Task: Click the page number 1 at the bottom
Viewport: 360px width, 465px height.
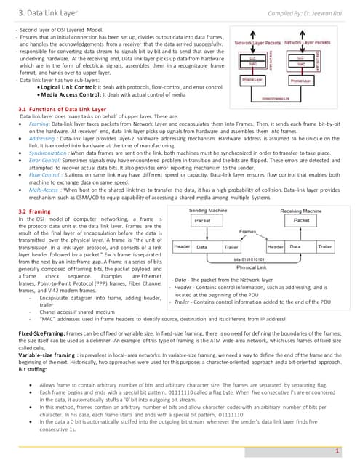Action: [x=338, y=451]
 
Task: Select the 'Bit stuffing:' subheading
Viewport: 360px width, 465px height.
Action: [x=33, y=370]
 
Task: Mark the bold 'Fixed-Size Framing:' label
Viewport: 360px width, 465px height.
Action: [x=41, y=331]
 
